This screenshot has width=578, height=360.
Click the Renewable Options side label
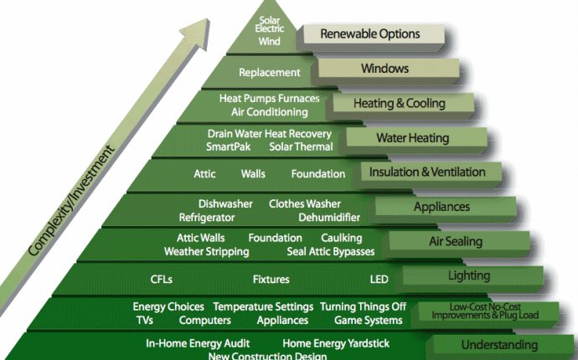click(370, 33)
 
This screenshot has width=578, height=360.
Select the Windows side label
click(384, 69)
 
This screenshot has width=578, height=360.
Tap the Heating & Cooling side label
click(400, 103)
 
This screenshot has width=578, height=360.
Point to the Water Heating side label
click(413, 138)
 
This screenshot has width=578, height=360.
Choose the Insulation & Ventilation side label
click(427, 172)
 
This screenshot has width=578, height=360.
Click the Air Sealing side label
click(456, 241)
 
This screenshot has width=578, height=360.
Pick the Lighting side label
click(469, 275)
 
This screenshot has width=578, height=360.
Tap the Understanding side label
click(499, 345)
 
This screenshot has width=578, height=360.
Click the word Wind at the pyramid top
click(269, 41)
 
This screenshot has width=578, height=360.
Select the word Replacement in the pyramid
click(270, 73)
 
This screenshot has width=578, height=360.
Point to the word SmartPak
click(228, 147)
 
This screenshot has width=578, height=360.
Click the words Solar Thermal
click(301, 147)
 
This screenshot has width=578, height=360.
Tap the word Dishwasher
click(225, 203)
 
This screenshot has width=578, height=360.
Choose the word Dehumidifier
click(329, 218)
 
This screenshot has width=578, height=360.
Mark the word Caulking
click(341, 238)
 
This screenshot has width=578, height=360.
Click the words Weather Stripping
click(206, 252)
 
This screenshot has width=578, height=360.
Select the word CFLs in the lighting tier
click(161, 280)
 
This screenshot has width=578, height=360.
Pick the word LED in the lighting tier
click(379, 280)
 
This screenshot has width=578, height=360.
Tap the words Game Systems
click(369, 321)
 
